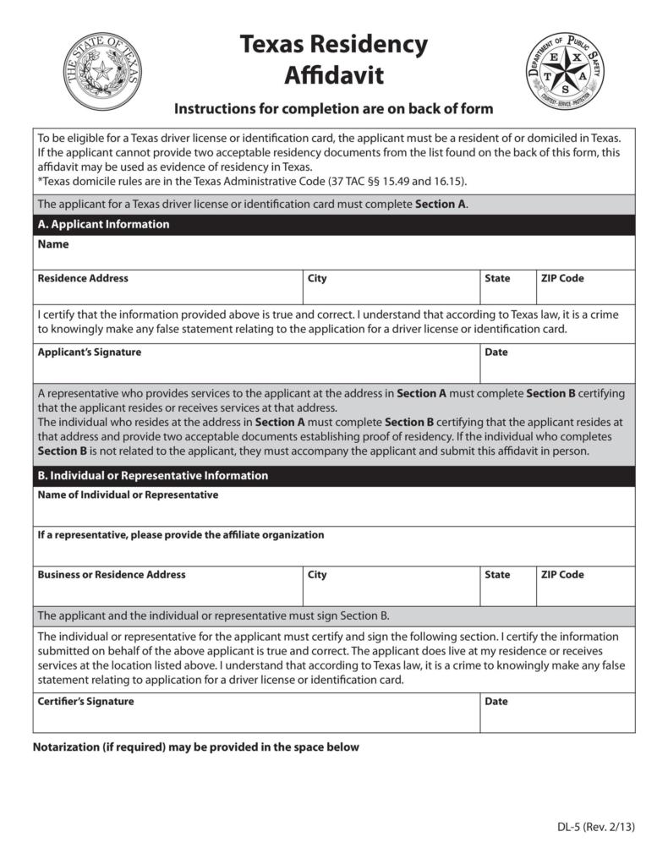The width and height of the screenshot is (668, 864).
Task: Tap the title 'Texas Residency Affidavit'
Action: click(333, 59)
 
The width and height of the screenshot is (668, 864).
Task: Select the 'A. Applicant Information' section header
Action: click(103, 224)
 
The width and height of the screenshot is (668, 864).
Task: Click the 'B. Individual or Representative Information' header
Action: click(152, 475)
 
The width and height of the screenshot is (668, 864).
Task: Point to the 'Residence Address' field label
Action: click(83, 278)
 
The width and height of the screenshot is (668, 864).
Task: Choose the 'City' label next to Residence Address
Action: click(317, 278)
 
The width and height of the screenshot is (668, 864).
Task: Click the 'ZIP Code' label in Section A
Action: click(562, 278)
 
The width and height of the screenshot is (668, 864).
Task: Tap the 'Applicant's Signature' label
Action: click(90, 352)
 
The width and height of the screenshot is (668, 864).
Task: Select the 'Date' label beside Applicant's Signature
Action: click(496, 352)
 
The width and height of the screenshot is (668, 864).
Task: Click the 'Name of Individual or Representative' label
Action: click(128, 495)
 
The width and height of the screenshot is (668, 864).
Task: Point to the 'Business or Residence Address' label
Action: click(111, 574)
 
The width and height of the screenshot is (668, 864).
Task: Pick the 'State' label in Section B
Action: click(497, 575)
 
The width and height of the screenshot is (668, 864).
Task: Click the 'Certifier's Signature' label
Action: click(85, 701)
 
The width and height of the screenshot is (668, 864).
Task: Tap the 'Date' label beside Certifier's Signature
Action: click(496, 702)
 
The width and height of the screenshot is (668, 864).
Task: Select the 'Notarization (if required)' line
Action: click(195, 746)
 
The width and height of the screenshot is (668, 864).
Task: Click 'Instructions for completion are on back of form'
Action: click(333, 109)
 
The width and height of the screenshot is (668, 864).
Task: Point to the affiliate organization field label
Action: click(180, 534)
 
